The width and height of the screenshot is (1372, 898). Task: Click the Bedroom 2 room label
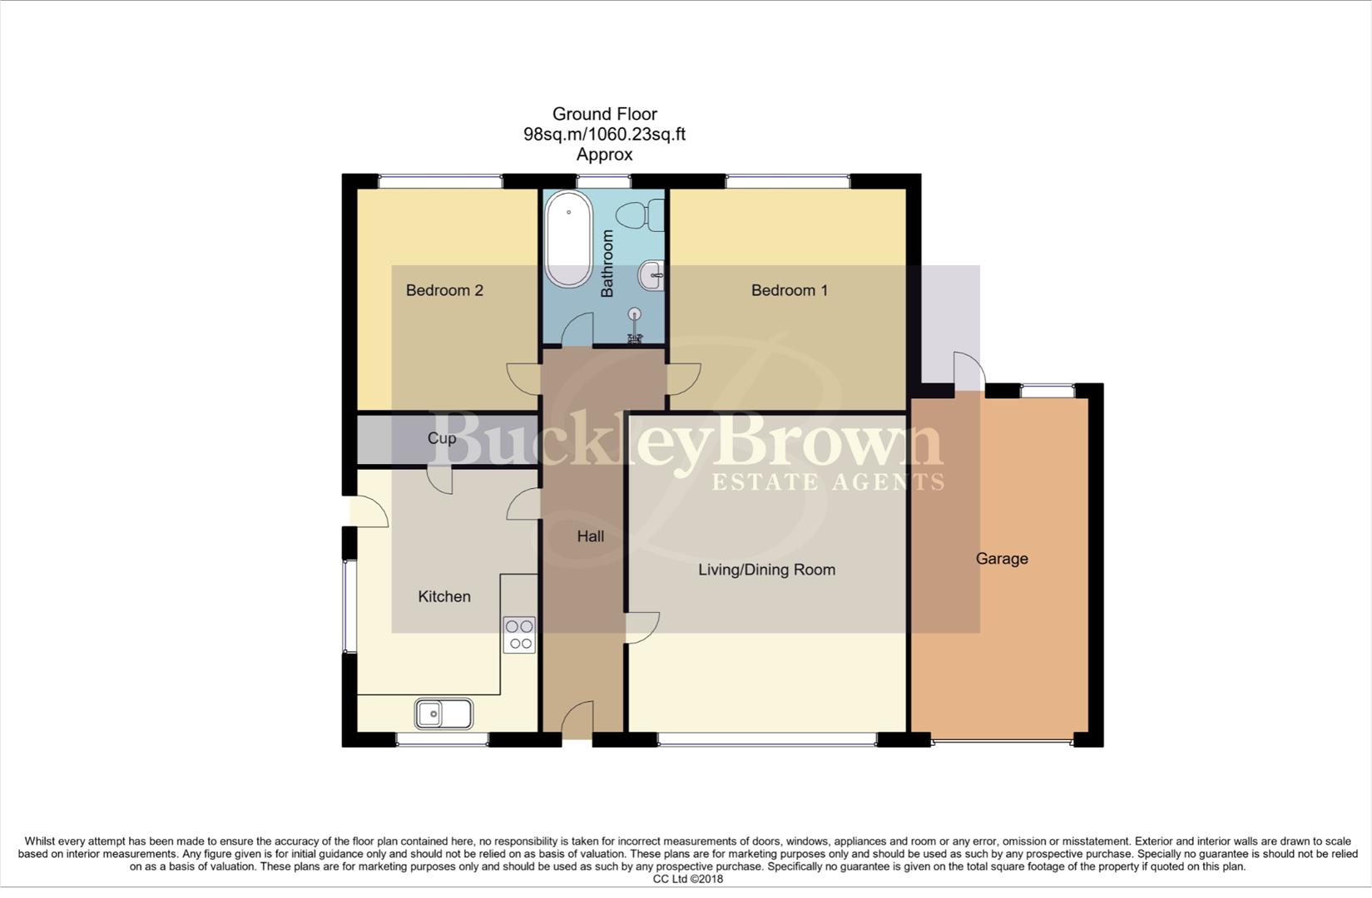click(x=444, y=290)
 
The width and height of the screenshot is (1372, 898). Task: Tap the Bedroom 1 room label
click(x=789, y=290)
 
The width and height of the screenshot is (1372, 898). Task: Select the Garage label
click(x=1001, y=559)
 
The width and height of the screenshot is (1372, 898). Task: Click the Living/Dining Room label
click(x=766, y=570)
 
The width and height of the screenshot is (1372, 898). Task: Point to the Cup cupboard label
click(x=441, y=438)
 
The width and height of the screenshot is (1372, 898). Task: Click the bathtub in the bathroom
click(x=568, y=239)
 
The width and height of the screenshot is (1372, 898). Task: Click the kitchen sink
click(x=443, y=713)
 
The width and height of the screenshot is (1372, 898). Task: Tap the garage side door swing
click(x=968, y=371)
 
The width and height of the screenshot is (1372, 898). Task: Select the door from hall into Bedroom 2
click(x=524, y=379)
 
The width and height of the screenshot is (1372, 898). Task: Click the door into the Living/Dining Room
click(x=642, y=628)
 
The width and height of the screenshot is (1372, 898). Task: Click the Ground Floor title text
click(x=604, y=114)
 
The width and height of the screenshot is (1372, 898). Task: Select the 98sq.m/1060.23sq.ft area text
click(x=604, y=134)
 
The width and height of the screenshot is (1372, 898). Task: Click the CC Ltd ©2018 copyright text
click(x=687, y=879)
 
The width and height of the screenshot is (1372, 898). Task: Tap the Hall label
click(x=590, y=536)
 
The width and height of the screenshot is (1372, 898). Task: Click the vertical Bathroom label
click(x=607, y=264)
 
